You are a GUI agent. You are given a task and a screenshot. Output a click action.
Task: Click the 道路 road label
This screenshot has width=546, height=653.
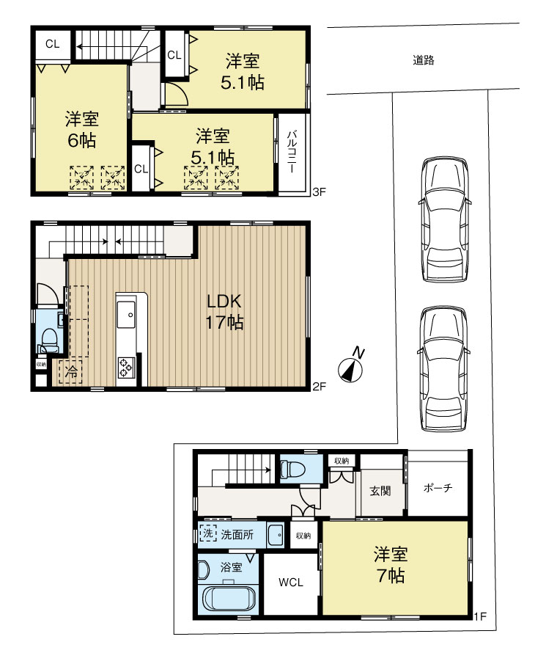point(423,61)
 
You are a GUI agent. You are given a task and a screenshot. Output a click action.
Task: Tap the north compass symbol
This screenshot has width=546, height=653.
point(353,366)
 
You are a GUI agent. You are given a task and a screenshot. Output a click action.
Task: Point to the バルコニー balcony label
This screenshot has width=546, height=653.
point(291,152)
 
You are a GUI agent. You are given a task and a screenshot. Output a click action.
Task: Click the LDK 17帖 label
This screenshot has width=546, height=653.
point(224,311)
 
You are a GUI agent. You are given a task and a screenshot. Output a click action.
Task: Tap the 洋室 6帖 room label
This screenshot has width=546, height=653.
point(81,129)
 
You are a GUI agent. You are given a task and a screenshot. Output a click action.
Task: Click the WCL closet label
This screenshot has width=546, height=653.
point(290,583)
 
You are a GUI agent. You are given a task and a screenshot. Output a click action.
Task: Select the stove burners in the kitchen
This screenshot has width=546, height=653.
point(126,366)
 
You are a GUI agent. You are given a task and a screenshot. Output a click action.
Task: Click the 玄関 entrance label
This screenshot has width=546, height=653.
point(379,489)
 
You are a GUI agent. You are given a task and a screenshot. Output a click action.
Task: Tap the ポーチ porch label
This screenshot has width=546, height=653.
point(437,489)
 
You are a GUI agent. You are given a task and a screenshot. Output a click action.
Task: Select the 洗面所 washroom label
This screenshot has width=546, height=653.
point(238,535)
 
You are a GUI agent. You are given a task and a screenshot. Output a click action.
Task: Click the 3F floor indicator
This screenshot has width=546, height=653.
point(317,192)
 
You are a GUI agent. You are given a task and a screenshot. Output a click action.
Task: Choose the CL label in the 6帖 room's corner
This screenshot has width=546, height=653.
point(51,44)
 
